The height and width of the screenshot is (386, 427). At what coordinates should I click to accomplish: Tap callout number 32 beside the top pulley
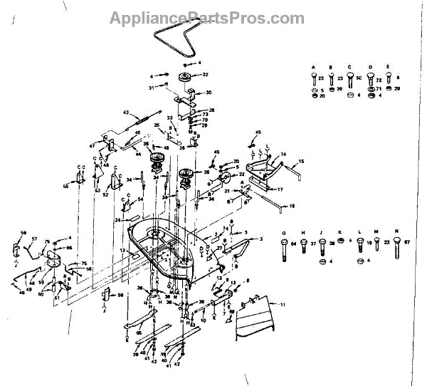(206, 75)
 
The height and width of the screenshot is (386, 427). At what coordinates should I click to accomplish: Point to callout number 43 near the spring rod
(125, 113)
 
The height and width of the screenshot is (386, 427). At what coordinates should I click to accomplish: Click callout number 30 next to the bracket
(209, 93)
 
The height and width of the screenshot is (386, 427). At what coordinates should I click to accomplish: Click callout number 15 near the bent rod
(300, 162)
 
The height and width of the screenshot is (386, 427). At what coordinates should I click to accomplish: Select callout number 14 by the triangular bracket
(283, 154)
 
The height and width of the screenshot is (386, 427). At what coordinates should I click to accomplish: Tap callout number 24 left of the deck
(117, 220)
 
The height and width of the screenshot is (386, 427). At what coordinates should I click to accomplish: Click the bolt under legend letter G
(285, 249)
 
